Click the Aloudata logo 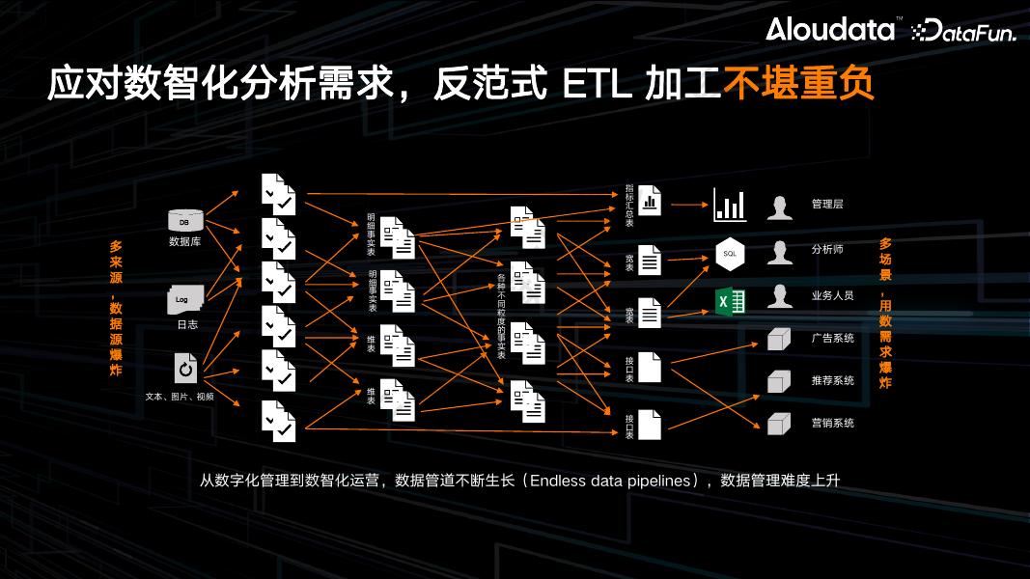(x=831, y=30)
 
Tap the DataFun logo (x=964, y=31)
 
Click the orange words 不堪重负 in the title (x=798, y=85)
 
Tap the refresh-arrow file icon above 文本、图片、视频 (x=185, y=369)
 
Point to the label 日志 (x=186, y=324)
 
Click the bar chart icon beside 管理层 (x=730, y=205)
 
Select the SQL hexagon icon (x=730, y=253)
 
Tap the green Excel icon (x=730, y=302)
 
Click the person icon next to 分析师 (x=779, y=253)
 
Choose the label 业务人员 (x=832, y=295)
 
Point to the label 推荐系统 (x=832, y=380)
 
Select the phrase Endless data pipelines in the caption (x=612, y=480)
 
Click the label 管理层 (x=827, y=205)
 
